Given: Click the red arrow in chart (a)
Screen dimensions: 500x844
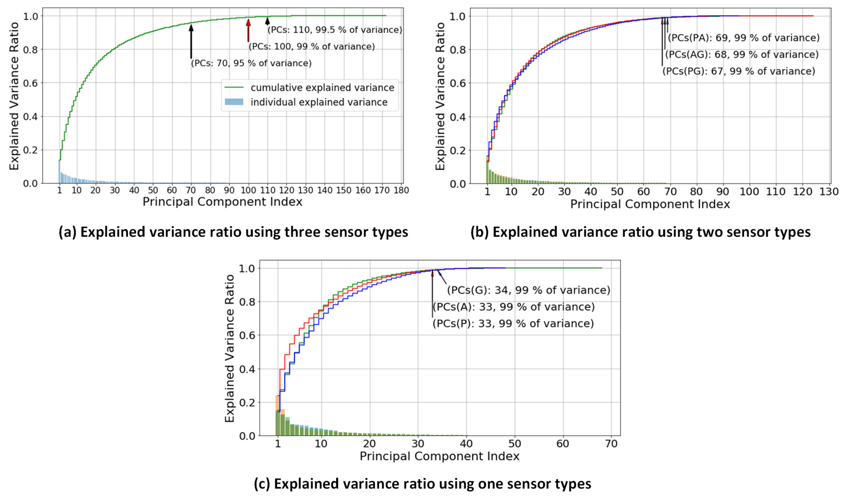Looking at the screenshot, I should (248, 30).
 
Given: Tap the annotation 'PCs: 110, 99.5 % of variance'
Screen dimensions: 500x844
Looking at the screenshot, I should (335, 30).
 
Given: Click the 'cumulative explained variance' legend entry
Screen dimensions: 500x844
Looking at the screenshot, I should (322, 88).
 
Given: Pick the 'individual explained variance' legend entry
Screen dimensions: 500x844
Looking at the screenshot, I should (319, 102).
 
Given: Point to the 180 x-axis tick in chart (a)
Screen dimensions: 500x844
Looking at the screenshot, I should (401, 190).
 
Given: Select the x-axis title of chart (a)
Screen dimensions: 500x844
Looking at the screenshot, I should (222, 202).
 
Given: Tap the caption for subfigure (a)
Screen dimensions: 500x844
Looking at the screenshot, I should (233, 233).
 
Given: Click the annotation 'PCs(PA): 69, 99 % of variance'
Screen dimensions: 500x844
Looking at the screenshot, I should (744, 38).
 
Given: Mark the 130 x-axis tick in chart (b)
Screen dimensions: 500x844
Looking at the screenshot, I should (829, 192).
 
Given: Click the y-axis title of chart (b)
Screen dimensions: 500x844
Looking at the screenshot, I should (440, 96).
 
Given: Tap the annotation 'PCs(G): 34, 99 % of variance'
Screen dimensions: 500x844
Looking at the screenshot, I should (528, 290).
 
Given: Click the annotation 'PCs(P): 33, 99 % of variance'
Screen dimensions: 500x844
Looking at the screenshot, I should (513, 323).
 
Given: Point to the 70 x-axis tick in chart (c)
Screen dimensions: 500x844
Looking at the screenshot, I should (611, 444).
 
